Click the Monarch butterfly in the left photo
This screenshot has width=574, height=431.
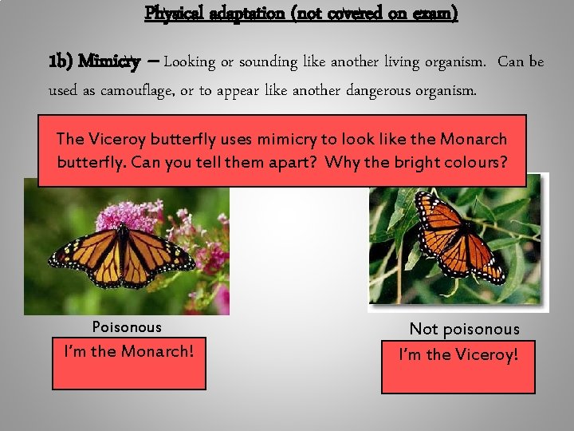(x=121, y=254)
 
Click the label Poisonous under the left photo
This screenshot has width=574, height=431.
(x=127, y=326)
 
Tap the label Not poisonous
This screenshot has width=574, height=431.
(x=464, y=329)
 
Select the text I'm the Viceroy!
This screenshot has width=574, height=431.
(x=458, y=353)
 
